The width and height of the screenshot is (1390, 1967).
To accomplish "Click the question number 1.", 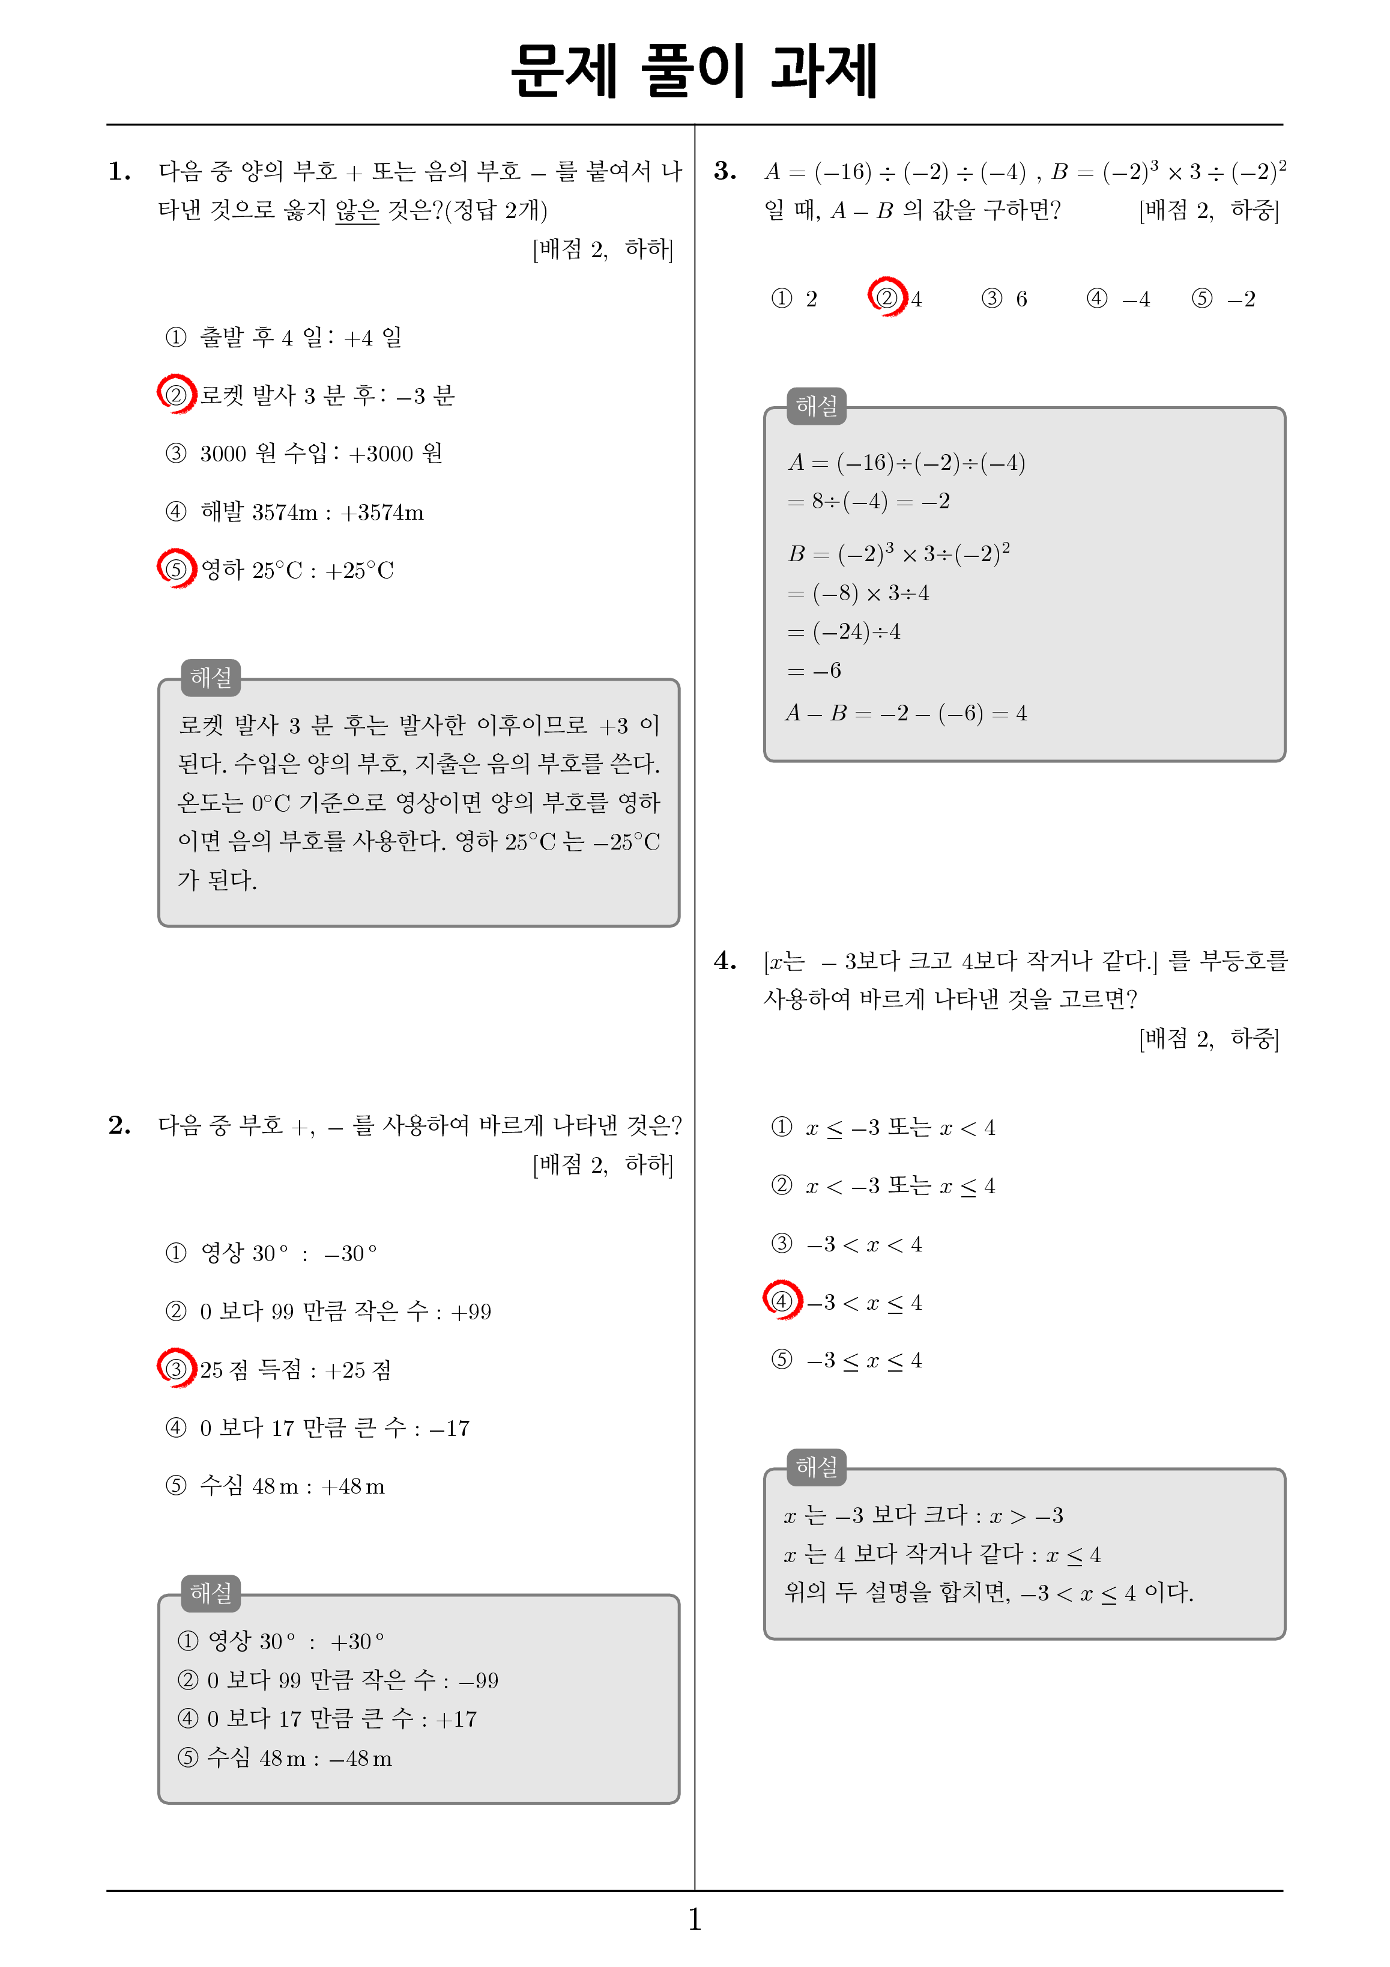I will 120,171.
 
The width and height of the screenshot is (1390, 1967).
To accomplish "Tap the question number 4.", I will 725,960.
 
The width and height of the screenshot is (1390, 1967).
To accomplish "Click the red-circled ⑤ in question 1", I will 175,569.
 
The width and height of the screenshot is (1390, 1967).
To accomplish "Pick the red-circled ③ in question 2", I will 175,1368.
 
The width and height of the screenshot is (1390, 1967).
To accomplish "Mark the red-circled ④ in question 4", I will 781,1301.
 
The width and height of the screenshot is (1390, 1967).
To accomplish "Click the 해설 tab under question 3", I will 816,406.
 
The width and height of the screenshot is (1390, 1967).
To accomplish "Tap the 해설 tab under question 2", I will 211,1593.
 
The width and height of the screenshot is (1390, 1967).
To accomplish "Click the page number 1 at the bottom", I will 695,1919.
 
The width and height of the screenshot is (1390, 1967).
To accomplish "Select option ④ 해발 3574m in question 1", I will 295,511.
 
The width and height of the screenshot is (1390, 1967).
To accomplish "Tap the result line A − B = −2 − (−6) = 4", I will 905,713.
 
